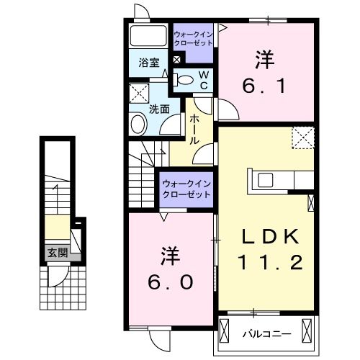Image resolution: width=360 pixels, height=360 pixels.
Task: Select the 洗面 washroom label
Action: [x=159, y=109]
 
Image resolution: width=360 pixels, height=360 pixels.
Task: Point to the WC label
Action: [x=204, y=80]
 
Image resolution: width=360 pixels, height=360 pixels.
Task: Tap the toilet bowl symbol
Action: [x=185, y=81]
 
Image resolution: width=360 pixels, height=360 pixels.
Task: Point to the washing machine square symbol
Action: [x=138, y=93]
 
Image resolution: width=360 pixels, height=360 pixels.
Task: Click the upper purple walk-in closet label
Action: [x=192, y=38]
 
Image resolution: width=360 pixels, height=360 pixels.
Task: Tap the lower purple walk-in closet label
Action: [x=182, y=189]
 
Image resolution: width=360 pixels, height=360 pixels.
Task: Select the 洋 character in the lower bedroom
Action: [x=171, y=256]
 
